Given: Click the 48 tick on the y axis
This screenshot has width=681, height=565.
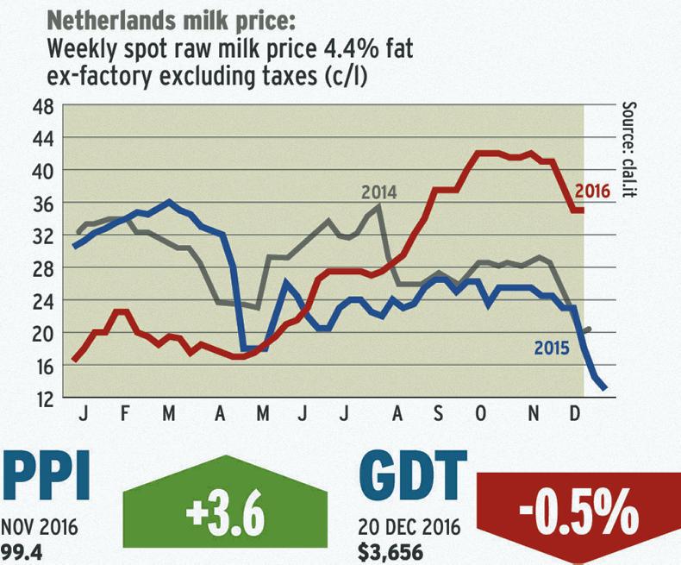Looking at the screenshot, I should click(x=41, y=106).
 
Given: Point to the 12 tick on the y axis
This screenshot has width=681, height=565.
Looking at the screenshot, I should click(x=41, y=398).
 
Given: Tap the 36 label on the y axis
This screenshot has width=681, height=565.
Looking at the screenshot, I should click(x=41, y=203).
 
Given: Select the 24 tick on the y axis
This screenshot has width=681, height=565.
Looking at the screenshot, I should click(x=41, y=301).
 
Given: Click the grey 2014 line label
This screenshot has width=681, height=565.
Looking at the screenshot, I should click(x=379, y=191).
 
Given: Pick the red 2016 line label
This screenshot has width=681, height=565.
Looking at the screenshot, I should click(x=592, y=191).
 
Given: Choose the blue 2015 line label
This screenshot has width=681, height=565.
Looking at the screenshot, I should click(x=552, y=349).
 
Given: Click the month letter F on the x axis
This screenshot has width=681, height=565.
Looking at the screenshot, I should click(x=126, y=415).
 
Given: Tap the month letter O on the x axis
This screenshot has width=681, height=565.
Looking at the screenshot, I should click(x=480, y=415).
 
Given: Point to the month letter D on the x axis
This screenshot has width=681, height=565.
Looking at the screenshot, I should click(x=576, y=415).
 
